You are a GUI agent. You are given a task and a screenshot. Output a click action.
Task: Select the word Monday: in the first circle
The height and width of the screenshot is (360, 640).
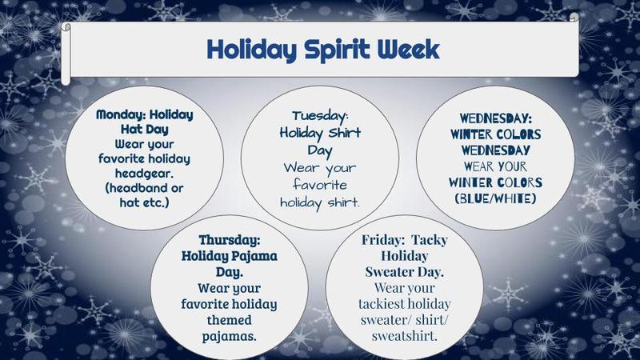pyautogui.click(x=120, y=114)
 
